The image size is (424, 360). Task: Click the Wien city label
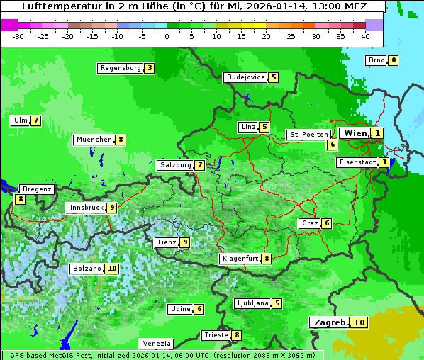point(355,133)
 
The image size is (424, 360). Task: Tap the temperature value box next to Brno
point(393,60)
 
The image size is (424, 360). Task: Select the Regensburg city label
point(120,68)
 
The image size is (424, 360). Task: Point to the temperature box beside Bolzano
point(112,269)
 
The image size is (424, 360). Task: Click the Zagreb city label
point(328,322)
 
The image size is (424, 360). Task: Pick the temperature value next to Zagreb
point(359,322)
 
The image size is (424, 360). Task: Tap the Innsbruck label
point(85,208)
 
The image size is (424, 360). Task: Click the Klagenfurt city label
point(240,259)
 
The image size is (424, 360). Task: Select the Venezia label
point(156,344)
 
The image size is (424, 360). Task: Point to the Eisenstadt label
point(357,162)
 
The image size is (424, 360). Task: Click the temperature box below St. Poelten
point(332,145)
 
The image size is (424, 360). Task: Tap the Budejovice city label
point(245,77)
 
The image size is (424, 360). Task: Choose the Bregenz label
point(37,189)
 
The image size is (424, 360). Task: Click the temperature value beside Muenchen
point(121,140)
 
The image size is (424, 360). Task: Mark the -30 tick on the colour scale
point(18,35)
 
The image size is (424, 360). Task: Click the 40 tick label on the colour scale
point(365,35)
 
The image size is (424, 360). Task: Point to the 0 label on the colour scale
point(167,35)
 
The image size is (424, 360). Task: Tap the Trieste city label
point(216,335)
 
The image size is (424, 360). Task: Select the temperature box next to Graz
point(326,223)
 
